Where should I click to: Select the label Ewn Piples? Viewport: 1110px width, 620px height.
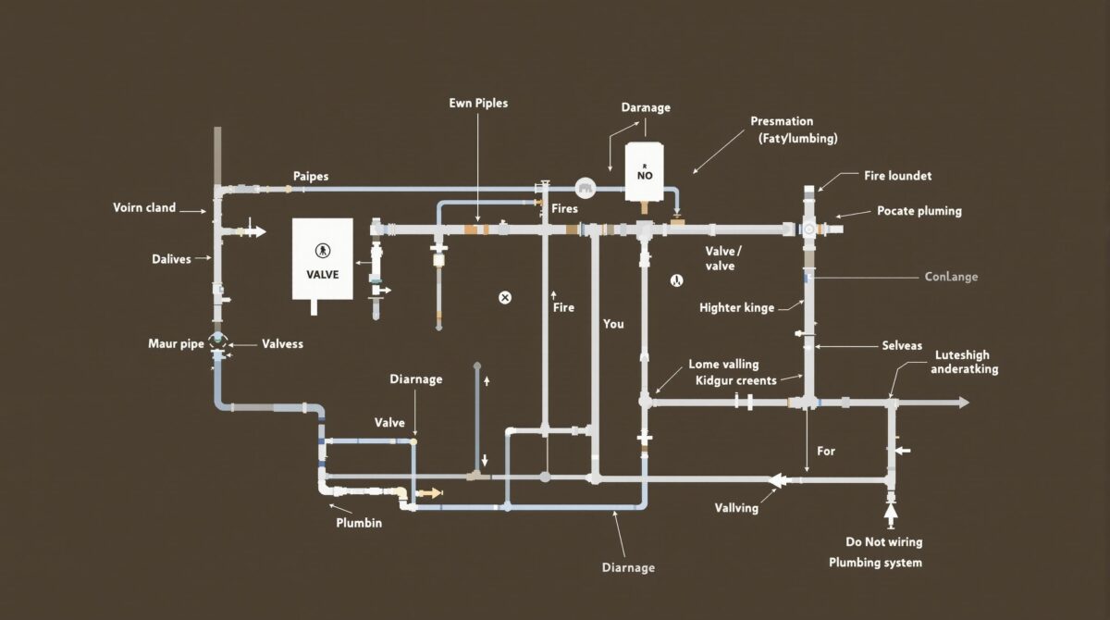click(x=477, y=104)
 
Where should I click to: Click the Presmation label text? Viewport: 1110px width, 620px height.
click(x=782, y=121)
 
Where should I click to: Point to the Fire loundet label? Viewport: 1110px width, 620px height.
click(x=898, y=175)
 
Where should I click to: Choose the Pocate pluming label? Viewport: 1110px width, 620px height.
click(x=919, y=211)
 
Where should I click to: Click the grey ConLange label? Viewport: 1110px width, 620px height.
click(x=951, y=277)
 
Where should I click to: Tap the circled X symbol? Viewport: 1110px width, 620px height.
click(x=505, y=297)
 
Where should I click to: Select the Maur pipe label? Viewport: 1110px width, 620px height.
click(x=176, y=344)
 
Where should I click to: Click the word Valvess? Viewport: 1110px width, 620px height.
click(x=282, y=344)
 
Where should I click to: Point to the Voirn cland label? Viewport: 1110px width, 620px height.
click(x=144, y=208)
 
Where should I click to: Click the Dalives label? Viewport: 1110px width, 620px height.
click(x=171, y=259)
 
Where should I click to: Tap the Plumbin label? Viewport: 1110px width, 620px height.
click(x=359, y=523)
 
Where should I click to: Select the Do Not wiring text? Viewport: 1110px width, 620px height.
click(x=884, y=542)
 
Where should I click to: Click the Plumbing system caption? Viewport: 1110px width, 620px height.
click(x=875, y=563)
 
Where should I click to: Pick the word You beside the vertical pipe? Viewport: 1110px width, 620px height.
click(x=613, y=324)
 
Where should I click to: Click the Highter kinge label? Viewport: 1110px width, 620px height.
click(x=736, y=308)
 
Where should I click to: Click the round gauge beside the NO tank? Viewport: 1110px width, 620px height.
click(x=585, y=189)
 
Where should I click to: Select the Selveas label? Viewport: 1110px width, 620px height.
click(x=903, y=345)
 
